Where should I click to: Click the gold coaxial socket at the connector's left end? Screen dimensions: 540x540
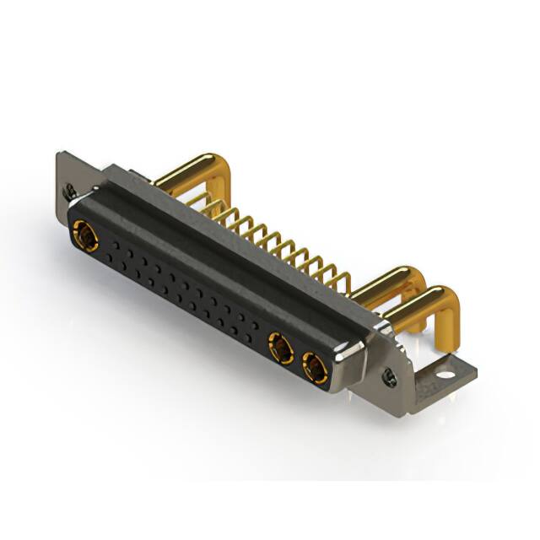click(84, 234)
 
